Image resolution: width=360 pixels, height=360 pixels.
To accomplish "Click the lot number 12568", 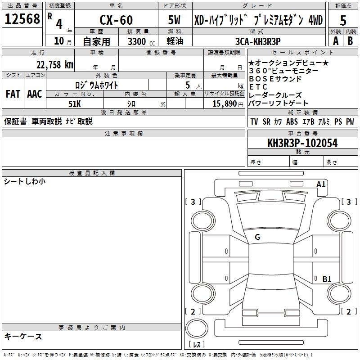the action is click(22, 19).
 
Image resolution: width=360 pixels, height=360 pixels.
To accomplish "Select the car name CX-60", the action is click(116, 20).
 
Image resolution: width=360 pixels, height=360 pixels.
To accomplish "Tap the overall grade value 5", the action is click(343, 20).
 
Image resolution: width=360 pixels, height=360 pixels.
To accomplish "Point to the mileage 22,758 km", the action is click(55, 64).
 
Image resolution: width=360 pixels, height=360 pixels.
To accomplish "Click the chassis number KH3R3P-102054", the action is click(302, 143).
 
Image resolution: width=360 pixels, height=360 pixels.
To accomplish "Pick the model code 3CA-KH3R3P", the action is click(258, 41).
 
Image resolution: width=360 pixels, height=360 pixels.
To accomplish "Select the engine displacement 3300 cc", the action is click(141, 42).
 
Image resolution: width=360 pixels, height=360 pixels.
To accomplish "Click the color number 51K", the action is click(75, 104).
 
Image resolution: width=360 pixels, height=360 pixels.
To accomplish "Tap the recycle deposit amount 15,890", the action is click(224, 104).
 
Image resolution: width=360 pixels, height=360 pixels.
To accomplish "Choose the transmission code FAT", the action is click(13, 94).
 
